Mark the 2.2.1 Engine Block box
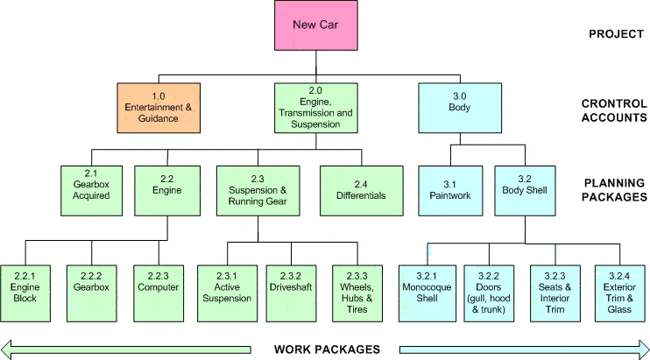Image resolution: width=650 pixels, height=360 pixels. (x=25, y=286)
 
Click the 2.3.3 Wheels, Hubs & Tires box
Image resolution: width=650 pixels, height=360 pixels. (x=357, y=286)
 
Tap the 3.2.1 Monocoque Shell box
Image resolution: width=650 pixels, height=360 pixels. (x=424, y=286)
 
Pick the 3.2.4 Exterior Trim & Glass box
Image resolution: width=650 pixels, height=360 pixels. (x=619, y=286)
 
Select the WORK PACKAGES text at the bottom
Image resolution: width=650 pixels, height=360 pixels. (x=326, y=349)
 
